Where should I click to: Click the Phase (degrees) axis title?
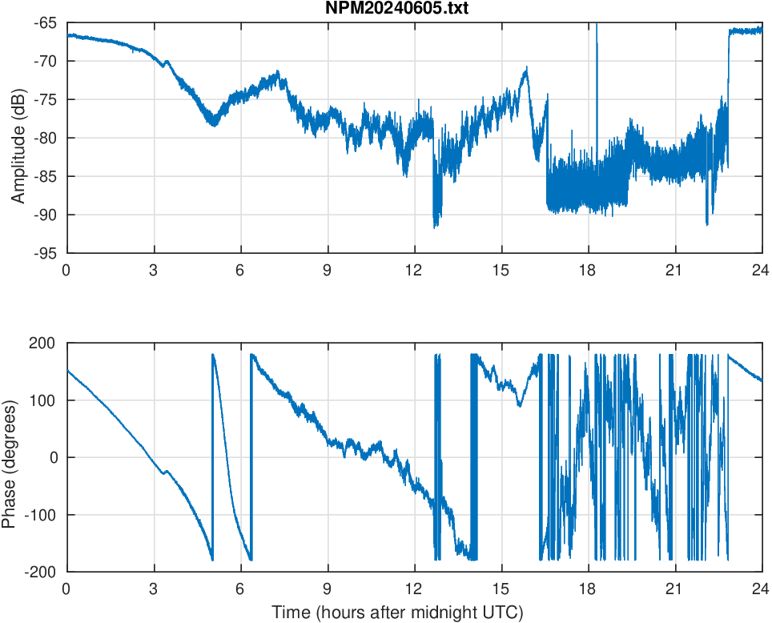(x=10, y=457)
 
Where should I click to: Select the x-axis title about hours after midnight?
(x=397, y=613)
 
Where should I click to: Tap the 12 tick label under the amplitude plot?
(x=414, y=270)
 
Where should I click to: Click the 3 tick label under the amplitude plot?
(x=153, y=270)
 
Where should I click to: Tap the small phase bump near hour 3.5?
(x=166, y=472)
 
